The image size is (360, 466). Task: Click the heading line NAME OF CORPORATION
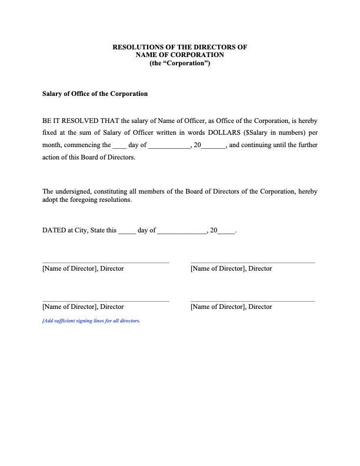coord(179,55)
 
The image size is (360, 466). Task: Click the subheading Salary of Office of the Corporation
coord(94,94)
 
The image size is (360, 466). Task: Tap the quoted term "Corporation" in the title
coord(179,63)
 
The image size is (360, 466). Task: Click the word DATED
coord(54,231)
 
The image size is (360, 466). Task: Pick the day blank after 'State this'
coord(127,231)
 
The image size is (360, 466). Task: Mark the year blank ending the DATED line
coord(226,231)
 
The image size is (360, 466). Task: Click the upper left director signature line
coord(106,262)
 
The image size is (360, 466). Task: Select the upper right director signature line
coord(253,262)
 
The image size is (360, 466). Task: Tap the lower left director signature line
coord(106,301)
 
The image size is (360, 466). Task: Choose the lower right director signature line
coord(253,301)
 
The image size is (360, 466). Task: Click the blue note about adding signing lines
coord(91,321)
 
